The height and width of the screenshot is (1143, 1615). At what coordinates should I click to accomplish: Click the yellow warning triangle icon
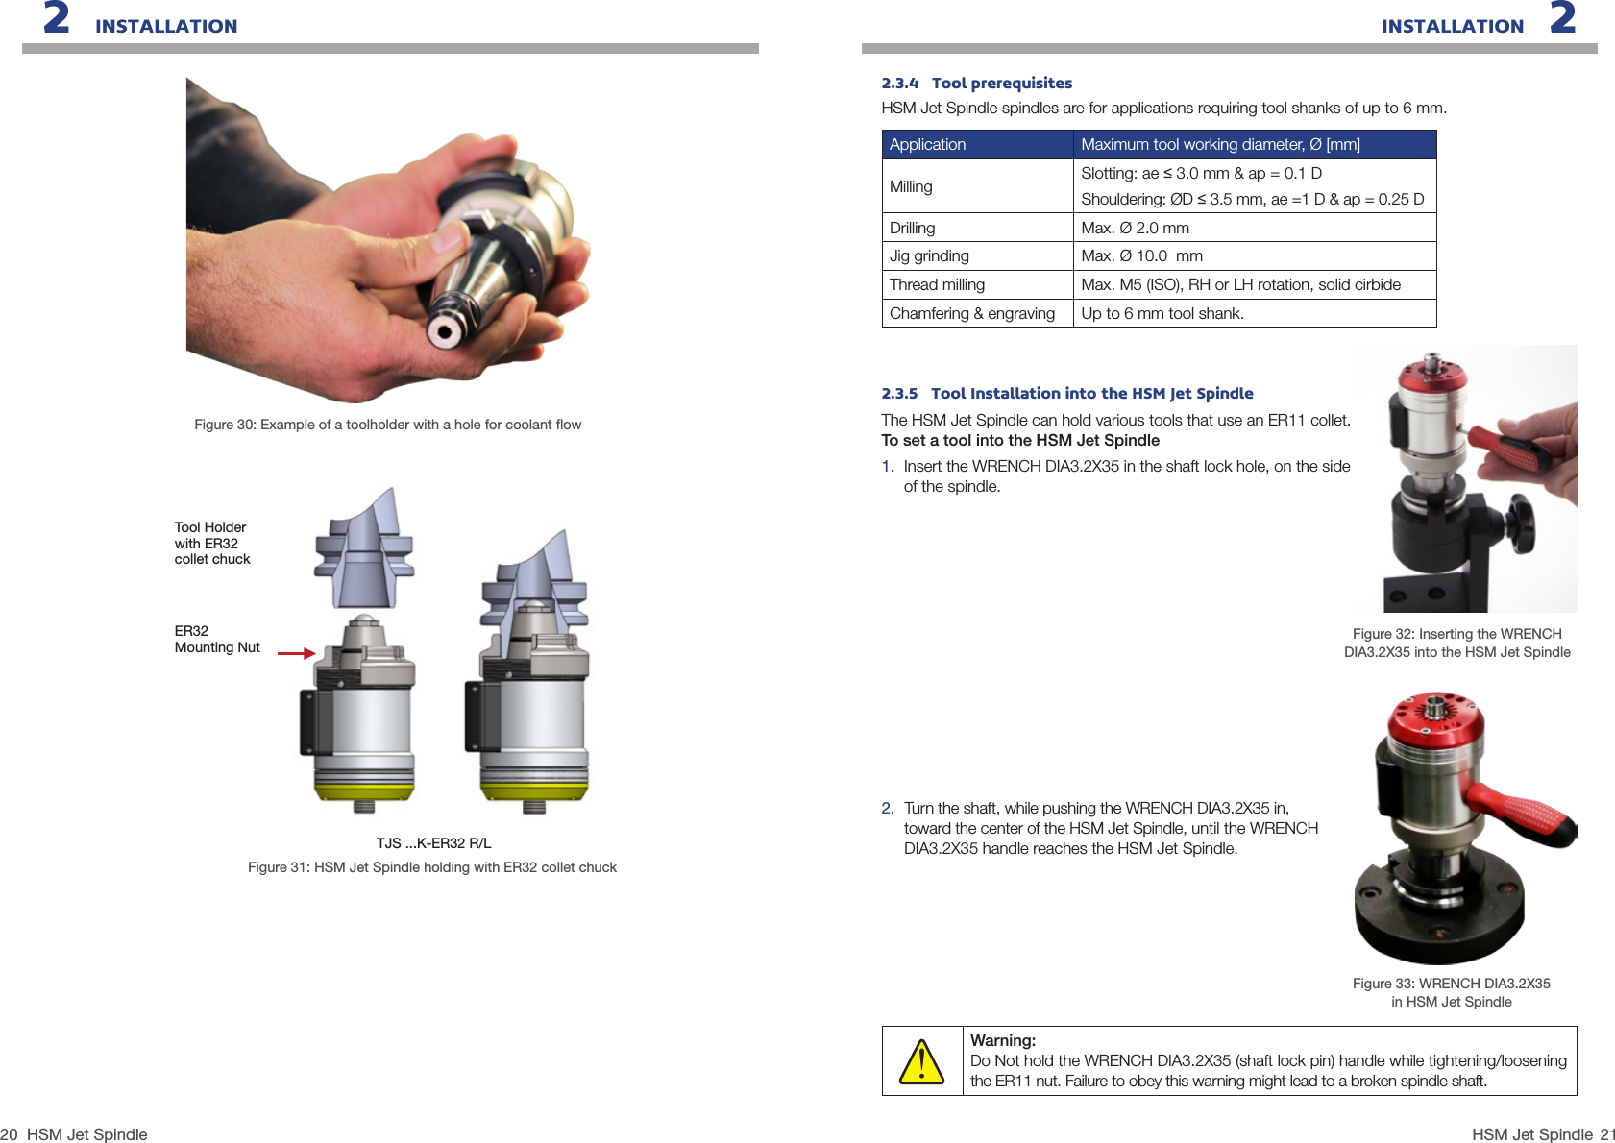pos(921,1062)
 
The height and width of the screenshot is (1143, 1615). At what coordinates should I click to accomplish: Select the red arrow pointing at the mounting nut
pos(296,653)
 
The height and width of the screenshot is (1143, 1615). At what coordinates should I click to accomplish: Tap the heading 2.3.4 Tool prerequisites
pos(976,84)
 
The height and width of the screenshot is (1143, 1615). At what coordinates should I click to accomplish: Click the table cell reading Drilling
pos(912,228)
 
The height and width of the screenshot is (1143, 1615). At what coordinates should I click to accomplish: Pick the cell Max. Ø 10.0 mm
pos(1141,256)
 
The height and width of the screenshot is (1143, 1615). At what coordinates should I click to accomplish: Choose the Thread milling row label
pos(937,285)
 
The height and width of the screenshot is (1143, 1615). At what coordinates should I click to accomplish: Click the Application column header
pos(927,145)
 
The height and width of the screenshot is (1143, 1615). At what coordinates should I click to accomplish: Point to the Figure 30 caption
pos(387,425)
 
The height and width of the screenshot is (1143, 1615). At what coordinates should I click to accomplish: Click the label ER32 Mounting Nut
pos(217,640)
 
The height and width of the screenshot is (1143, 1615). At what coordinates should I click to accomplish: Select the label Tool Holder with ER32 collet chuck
pos(212,544)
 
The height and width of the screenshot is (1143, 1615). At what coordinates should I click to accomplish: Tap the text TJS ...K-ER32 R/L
pos(433,843)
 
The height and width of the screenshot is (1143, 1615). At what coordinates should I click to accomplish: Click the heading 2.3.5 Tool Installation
pos(1066,394)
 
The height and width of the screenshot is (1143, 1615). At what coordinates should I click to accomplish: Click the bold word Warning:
pos(1002,1040)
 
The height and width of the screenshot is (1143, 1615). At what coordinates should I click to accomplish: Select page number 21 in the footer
pos(1607,1134)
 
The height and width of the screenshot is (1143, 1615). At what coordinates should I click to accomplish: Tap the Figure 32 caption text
pos(1456,644)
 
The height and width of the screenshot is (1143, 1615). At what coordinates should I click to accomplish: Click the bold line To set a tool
pos(1019,441)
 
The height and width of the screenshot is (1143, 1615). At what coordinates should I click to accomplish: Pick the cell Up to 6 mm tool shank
pos(1162,314)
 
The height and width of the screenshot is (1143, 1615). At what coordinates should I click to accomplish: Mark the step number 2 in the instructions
pos(887,809)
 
